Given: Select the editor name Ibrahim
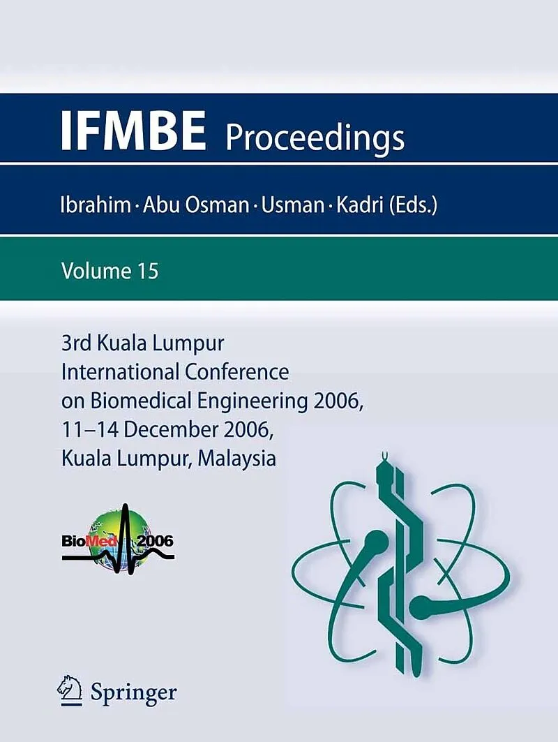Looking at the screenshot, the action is tap(96, 205).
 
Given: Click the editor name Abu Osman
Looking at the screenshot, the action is tap(196, 205).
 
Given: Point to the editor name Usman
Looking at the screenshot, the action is tap(293, 205).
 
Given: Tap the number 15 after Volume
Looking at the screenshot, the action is tap(148, 272).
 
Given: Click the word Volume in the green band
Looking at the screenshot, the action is tap(96, 272).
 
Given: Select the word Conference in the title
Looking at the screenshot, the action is tap(237, 372).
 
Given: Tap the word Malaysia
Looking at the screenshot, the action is tap(237, 459).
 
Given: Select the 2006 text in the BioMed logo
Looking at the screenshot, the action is tap(155, 541).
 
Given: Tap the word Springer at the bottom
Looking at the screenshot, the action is tap(134, 693).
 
